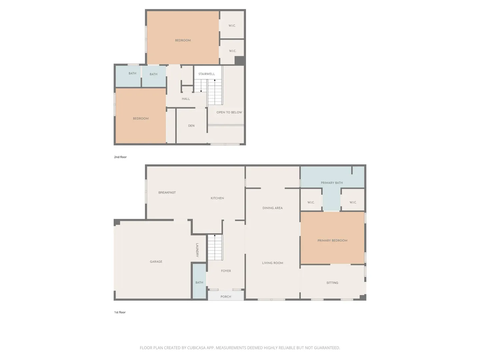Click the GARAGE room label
click(156, 261)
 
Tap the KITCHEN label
click(217, 198)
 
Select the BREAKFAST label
click(167, 192)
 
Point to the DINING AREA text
click(272, 208)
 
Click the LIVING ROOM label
click(272, 263)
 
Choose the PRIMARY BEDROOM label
click(332, 240)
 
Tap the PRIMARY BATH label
click(332, 183)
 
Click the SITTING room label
click(332, 283)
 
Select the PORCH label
click(226, 297)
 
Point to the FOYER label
click(226, 271)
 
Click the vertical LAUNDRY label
click(197, 250)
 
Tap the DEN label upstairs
click(191, 126)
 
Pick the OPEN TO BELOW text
click(229, 112)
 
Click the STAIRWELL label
click(206, 74)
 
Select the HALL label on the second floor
click(186, 99)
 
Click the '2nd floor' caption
click(120, 157)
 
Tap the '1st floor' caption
click(120, 312)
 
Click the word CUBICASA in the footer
click(196, 348)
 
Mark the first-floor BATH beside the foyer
click(199, 282)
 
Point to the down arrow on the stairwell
click(201, 86)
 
